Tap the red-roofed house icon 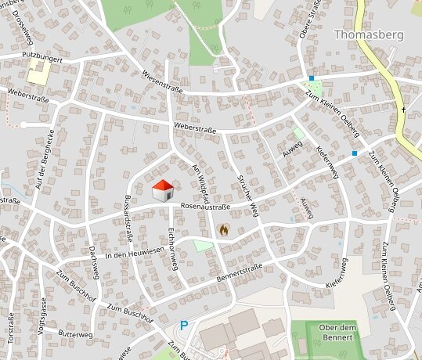162,190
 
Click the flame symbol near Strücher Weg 225,230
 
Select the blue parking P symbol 184,326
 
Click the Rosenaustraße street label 205,207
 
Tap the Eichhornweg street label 173,249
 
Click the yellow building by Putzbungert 38,74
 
